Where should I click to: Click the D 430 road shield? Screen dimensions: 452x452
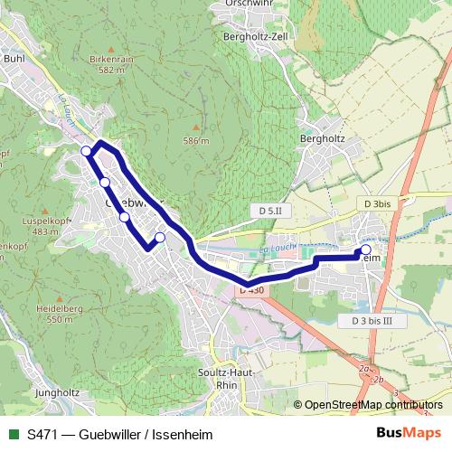point(251,289)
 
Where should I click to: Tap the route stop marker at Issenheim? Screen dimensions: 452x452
point(366,250)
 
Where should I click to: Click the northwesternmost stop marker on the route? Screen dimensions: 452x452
point(86,150)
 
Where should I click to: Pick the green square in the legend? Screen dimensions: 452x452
point(14,433)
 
